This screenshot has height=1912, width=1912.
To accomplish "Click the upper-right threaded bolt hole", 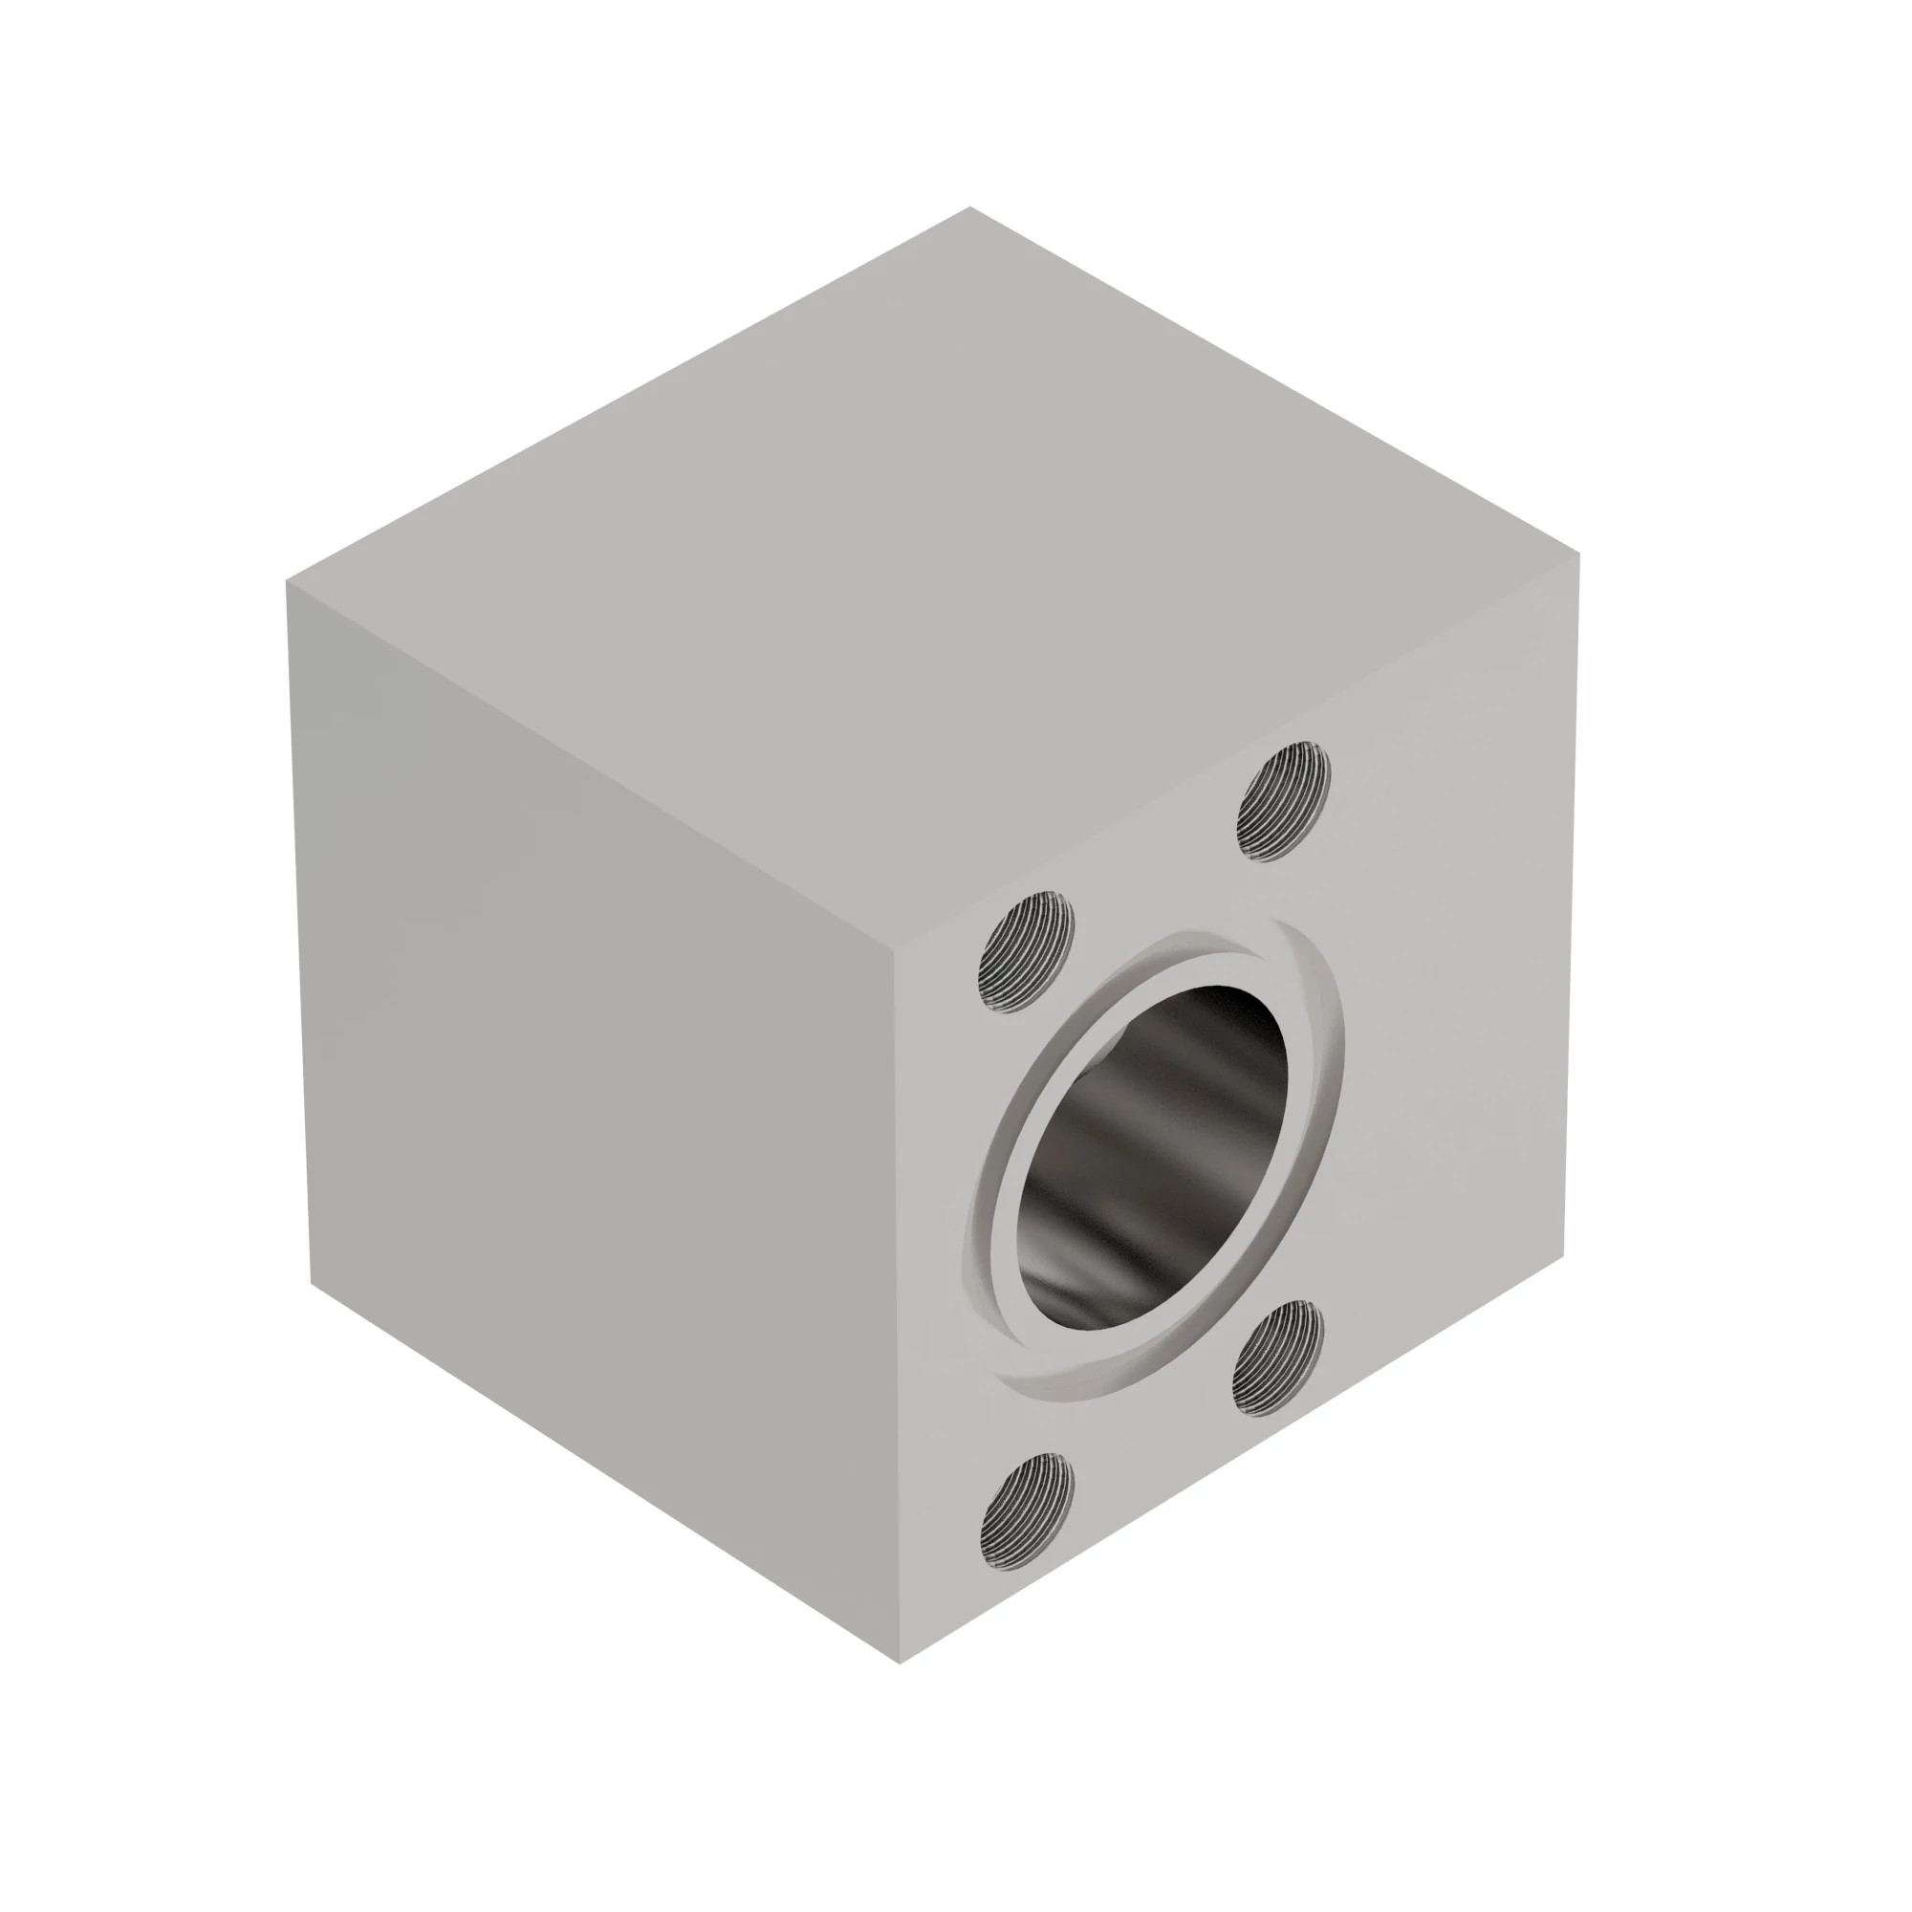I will point(1284,803).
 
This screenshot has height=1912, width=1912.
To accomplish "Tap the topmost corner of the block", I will point(969,207).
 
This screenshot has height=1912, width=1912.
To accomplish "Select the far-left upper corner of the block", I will point(287,582).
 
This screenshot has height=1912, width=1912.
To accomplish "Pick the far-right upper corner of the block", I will point(1579,554).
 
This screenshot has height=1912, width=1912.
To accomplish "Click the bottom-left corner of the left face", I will point(312,1286).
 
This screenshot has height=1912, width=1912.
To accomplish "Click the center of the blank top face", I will point(933,574).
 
